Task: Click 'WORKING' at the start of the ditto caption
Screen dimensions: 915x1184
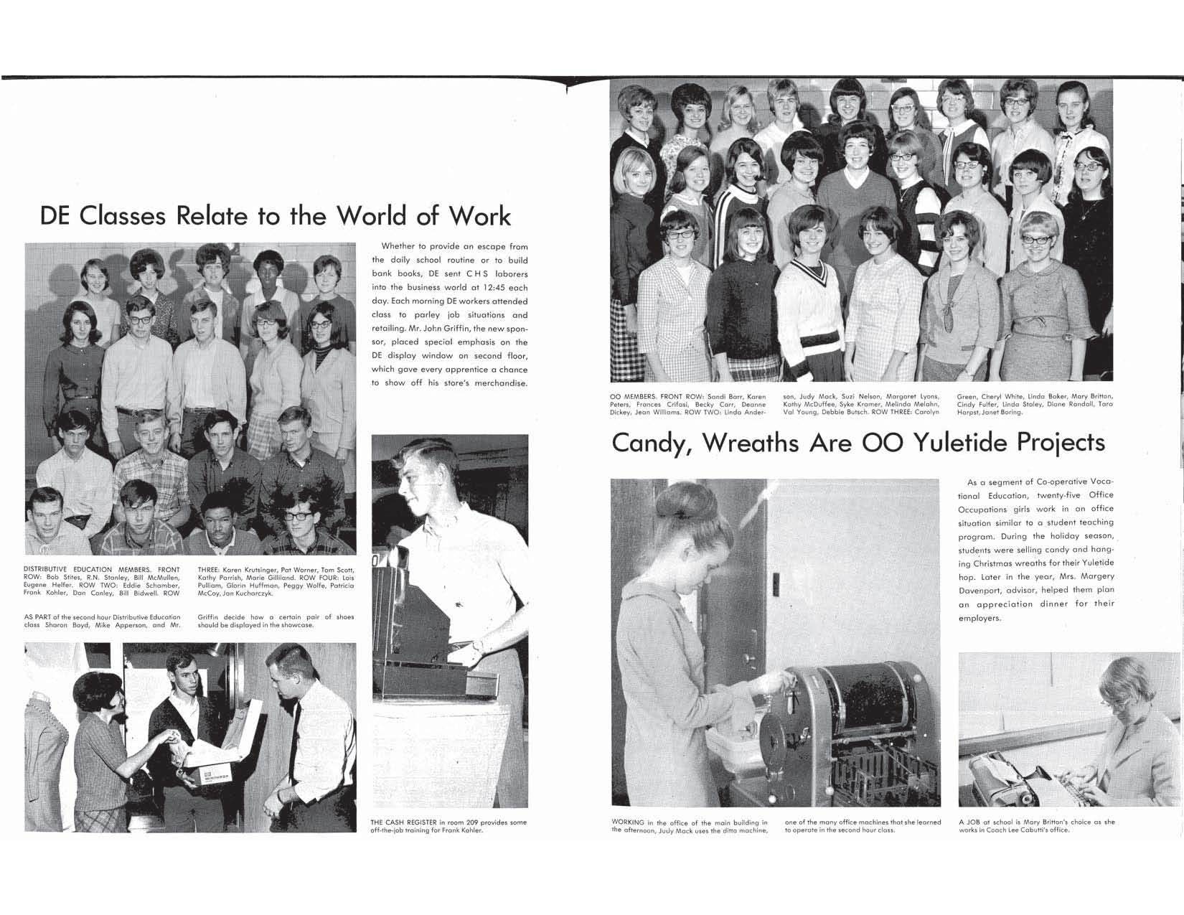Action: point(628,822)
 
